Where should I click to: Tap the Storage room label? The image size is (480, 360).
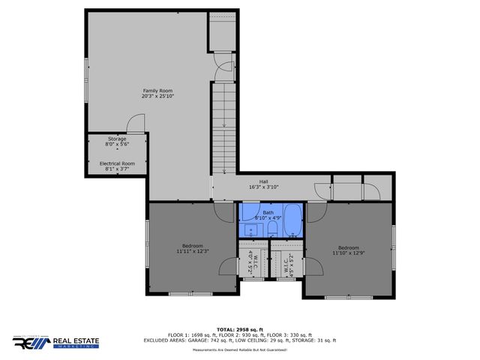click(117, 139)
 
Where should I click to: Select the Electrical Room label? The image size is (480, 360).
click(117, 163)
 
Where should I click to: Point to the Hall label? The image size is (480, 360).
click(263, 181)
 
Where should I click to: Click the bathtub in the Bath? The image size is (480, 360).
click(292, 222)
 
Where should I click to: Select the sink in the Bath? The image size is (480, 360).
click(250, 229)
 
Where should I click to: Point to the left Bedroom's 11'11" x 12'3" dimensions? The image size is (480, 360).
click(192, 250)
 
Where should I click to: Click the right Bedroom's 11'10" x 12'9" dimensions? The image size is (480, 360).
click(348, 253)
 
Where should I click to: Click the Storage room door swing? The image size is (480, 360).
click(136, 124)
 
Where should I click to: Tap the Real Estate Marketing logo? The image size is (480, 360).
click(55, 342)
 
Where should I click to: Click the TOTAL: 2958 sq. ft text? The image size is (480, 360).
click(240, 329)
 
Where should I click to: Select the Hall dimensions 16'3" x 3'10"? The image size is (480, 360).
click(263, 187)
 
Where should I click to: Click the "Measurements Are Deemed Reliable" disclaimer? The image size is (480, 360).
click(240, 350)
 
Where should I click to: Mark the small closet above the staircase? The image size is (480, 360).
click(223, 30)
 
